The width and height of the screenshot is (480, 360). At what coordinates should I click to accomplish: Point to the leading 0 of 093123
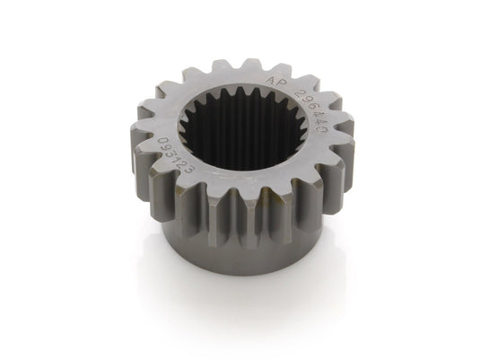click(x=162, y=141)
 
